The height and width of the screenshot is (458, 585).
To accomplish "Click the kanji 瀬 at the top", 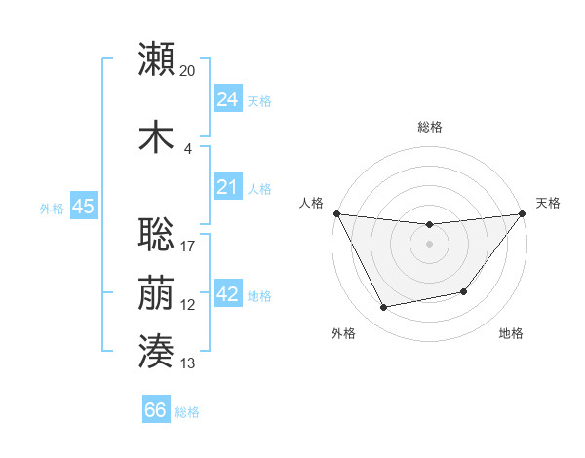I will pyautogui.click(x=156, y=59).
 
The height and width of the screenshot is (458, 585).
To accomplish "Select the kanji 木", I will pyautogui.click(x=156, y=136).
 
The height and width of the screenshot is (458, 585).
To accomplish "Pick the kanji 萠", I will pyautogui.click(x=156, y=293).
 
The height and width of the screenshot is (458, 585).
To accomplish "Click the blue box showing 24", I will pyautogui.click(x=227, y=98).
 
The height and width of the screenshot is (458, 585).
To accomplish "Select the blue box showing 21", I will pyautogui.click(x=227, y=188).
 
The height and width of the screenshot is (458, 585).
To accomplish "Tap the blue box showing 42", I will pyautogui.click(x=227, y=295).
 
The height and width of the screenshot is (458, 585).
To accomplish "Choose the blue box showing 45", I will pyautogui.click(x=83, y=208).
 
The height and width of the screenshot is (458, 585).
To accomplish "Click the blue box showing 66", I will pyautogui.click(x=156, y=410).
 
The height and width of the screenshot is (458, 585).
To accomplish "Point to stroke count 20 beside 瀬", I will pyautogui.click(x=188, y=71).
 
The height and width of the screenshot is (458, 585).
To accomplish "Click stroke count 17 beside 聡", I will pyautogui.click(x=188, y=246).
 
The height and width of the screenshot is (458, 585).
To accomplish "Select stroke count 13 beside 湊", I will pyautogui.click(x=188, y=363).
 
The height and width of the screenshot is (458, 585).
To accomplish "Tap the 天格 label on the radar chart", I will pyautogui.click(x=548, y=203).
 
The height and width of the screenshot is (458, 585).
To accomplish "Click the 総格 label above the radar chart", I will pyautogui.click(x=429, y=127).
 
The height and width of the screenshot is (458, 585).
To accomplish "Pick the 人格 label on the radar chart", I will pyautogui.click(x=311, y=203).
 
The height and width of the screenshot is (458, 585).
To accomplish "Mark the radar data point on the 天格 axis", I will pyautogui.click(x=522, y=213).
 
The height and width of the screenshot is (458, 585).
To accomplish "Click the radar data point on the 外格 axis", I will pyautogui.click(x=383, y=308).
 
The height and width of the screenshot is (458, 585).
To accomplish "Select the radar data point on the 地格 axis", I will pyautogui.click(x=464, y=291).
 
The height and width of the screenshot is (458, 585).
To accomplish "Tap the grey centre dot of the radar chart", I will pyautogui.click(x=429, y=244).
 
